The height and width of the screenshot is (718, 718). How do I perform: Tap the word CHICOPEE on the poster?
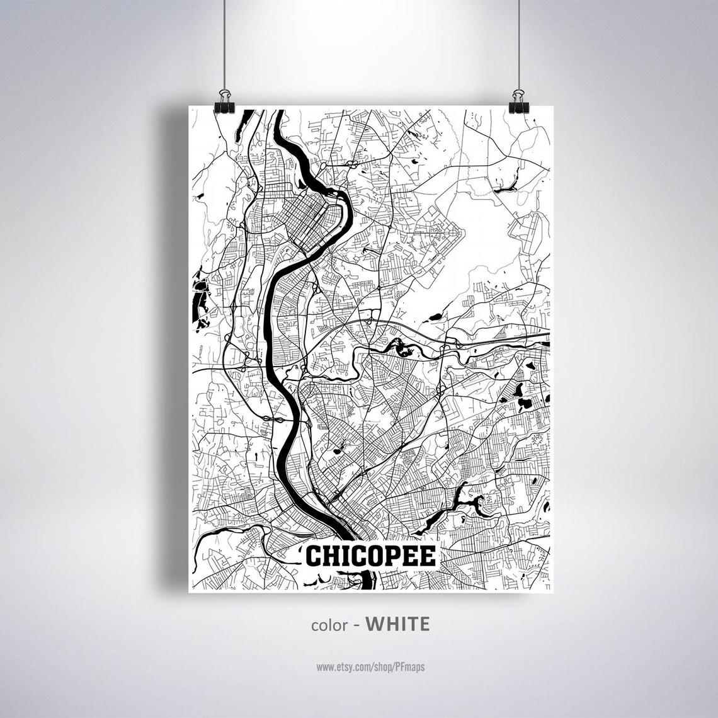(x=370, y=557)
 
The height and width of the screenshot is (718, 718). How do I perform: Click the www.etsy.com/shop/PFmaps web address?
(x=370, y=666)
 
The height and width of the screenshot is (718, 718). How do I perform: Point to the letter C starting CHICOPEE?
(x=314, y=557)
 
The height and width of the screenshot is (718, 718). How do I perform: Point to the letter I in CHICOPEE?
(x=343, y=557)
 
